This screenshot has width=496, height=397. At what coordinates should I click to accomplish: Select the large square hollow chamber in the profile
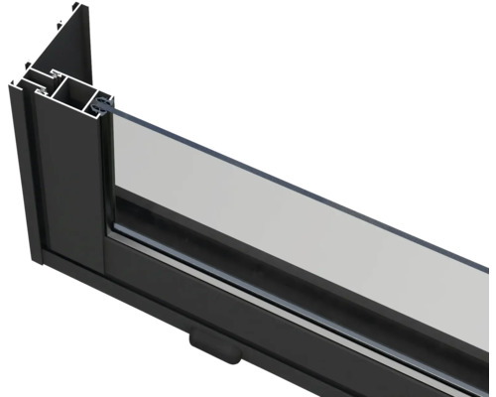72,94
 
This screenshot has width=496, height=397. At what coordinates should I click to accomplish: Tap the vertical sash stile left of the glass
107,179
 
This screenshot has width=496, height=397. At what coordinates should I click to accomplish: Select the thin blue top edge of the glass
298,177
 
